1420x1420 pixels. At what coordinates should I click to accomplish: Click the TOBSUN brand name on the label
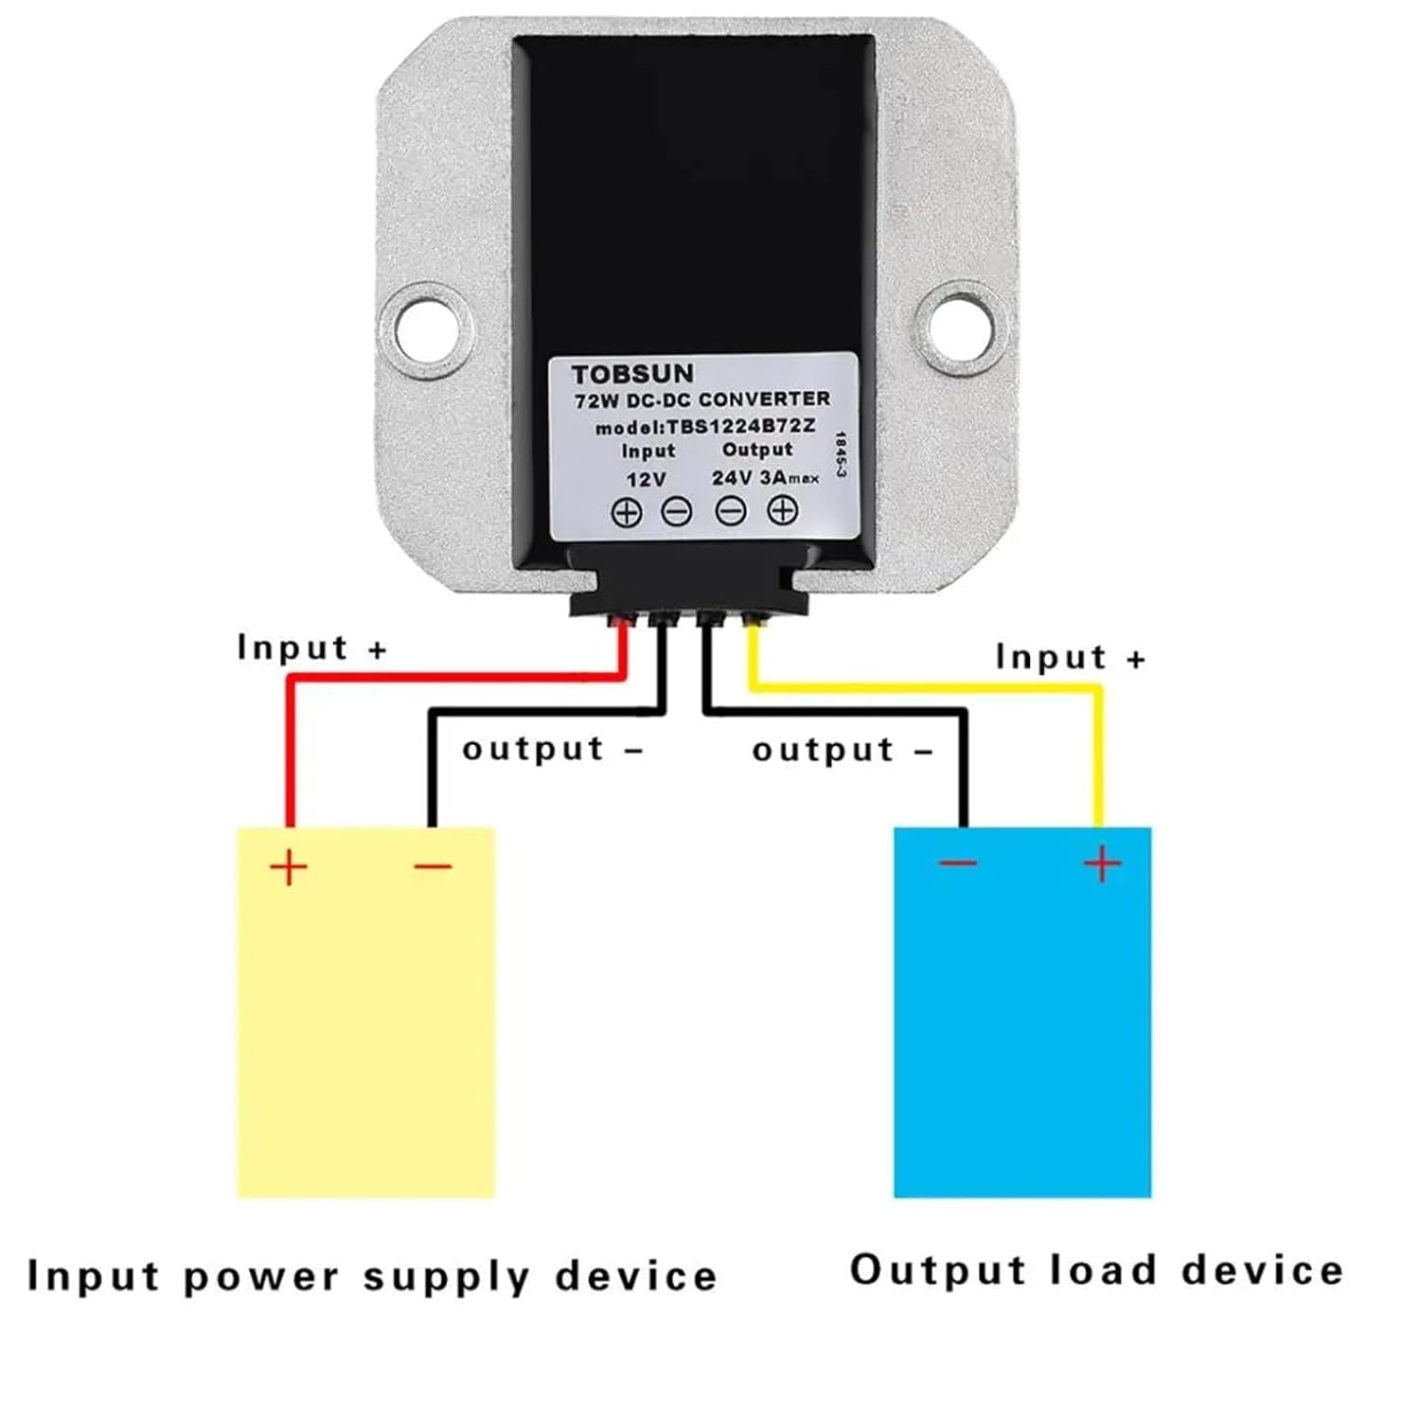631,374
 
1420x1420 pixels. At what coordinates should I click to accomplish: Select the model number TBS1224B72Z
705,427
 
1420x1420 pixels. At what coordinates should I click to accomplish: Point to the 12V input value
647,479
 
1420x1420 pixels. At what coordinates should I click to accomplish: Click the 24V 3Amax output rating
765,477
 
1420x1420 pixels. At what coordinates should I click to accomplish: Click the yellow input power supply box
365,1022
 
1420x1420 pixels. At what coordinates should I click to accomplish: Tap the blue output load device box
1022,1022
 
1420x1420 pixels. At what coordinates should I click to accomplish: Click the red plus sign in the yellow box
289,866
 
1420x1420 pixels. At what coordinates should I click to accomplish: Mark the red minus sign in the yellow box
434,864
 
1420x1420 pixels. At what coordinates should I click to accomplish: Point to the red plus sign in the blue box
1102,863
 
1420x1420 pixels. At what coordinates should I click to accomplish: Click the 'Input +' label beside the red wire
311,648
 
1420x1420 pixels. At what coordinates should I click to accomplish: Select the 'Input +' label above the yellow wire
1070,657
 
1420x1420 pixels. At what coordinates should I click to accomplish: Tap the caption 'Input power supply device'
372,1276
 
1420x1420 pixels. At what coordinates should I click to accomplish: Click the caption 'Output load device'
1096,1269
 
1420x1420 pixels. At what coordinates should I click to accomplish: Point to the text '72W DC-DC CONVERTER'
701,400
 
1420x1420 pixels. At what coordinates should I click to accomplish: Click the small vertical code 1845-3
839,455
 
